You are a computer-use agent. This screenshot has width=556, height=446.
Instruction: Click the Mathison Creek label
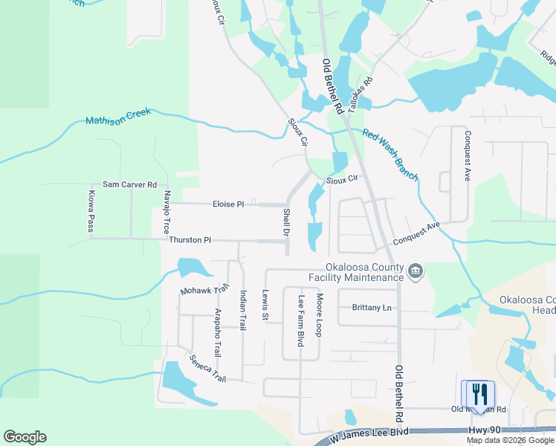117,117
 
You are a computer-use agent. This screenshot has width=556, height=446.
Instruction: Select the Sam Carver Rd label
129,184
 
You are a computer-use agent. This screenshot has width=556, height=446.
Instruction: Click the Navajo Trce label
167,213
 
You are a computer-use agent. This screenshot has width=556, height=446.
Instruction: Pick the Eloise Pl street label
228,204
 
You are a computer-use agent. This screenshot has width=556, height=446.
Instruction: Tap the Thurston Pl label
190,240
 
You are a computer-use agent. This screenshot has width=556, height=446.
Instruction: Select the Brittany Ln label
372,308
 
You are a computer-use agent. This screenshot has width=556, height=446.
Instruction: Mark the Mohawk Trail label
204,289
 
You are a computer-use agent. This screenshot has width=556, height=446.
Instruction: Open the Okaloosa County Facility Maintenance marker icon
416,273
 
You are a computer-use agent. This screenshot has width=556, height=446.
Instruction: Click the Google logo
25,437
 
